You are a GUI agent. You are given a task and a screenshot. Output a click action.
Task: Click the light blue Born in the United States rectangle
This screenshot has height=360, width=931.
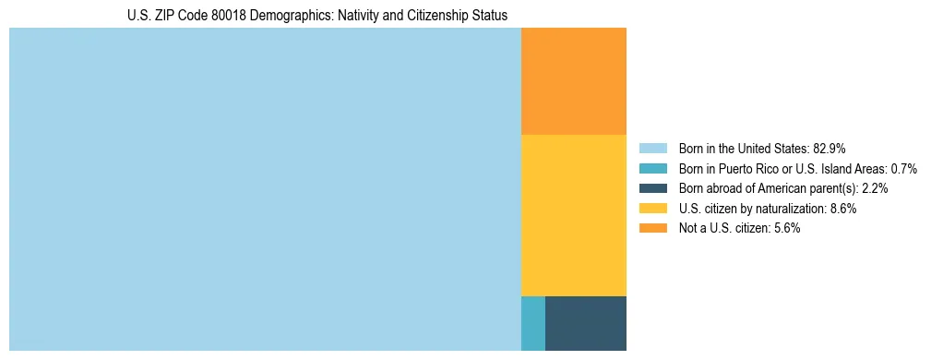point(265,189)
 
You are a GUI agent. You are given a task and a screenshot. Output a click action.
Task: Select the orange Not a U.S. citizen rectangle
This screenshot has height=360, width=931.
point(574,81)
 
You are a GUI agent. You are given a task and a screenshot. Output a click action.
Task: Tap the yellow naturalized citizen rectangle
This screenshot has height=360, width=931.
point(574,215)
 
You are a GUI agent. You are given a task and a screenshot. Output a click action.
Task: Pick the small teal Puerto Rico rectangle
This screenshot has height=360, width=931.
point(533,323)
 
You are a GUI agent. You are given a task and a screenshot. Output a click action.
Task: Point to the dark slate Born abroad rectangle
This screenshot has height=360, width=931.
point(586,323)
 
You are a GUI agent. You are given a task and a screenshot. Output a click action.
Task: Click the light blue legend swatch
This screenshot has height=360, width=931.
point(652,149)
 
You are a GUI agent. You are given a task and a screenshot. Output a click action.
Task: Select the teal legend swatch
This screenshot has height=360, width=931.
point(652,169)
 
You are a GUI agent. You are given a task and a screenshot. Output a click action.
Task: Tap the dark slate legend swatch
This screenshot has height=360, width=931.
point(652,188)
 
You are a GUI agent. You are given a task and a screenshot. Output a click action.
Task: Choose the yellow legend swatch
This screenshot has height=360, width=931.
point(652,209)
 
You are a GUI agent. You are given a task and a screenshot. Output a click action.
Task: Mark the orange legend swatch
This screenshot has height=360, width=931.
point(652,228)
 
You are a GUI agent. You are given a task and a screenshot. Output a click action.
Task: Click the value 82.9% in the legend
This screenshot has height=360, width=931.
point(830,149)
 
